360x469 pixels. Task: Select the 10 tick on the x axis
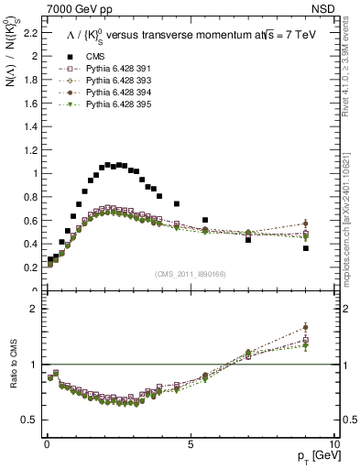click(x=334, y=443)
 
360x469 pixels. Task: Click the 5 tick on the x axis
click(x=190, y=443)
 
